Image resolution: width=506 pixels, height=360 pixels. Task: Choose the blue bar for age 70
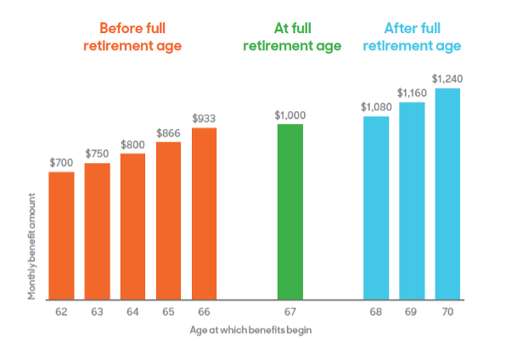pyautogui.click(x=447, y=194)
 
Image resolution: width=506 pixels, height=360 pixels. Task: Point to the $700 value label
pyautogui.click(x=61, y=161)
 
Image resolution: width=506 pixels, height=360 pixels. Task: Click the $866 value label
pyautogui.click(x=168, y=132)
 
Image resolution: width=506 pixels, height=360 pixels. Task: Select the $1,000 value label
pyautogui.click(x=290, y=114)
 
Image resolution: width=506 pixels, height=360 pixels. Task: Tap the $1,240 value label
pyautogui.click(x=447, y=79)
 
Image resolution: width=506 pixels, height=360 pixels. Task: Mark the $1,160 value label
pyautogui.click(x=413, y=93)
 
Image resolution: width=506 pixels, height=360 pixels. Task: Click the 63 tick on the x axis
pyautogui.click(x=97, y=312)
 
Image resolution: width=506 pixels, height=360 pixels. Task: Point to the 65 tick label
pyautogui.click(x=168, y=312)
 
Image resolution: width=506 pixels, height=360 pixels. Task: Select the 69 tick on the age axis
pyautogui.click(x=413, y=312)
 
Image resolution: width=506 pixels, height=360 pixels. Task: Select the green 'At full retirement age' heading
pyautogui.click(x=292, y=37)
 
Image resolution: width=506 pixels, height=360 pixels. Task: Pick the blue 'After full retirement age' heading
pyautogui.click(x=413, y=37)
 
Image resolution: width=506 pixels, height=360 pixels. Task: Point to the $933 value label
pyautogui.click(x=204, y=118)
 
